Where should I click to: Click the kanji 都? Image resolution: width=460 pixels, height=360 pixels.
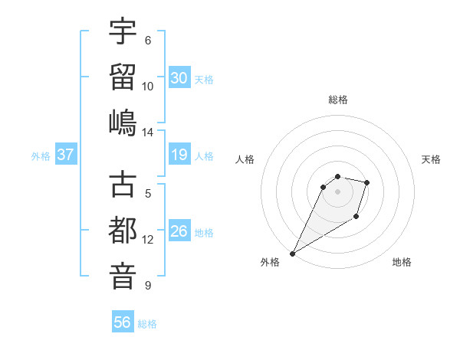point(123,230)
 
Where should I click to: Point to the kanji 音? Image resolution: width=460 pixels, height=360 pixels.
point(123,275)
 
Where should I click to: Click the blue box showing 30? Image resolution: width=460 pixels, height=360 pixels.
point(179,77)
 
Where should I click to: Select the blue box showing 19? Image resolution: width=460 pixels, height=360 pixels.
point(179,155)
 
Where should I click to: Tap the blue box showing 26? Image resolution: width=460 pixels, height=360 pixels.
point(179,231)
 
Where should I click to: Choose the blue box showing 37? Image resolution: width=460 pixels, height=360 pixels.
point(66,155)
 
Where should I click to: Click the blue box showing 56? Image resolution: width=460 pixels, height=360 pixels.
point(123,322)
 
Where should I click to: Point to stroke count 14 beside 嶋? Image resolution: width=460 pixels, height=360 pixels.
point(148,132)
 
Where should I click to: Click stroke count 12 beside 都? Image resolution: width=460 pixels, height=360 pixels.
point(148,240)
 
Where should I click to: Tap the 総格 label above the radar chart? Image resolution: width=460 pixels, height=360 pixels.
point(338,100)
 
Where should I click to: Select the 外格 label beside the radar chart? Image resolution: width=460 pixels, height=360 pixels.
point(270,263)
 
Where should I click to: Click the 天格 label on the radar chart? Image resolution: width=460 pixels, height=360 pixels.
point(432,159)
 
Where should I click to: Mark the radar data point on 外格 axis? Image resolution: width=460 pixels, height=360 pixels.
point(292,253)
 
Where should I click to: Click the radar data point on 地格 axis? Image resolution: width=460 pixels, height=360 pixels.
point(356,218)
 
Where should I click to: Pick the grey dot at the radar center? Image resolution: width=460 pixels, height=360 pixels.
point(338,191)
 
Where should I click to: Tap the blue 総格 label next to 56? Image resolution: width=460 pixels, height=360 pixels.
point(147,324)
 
